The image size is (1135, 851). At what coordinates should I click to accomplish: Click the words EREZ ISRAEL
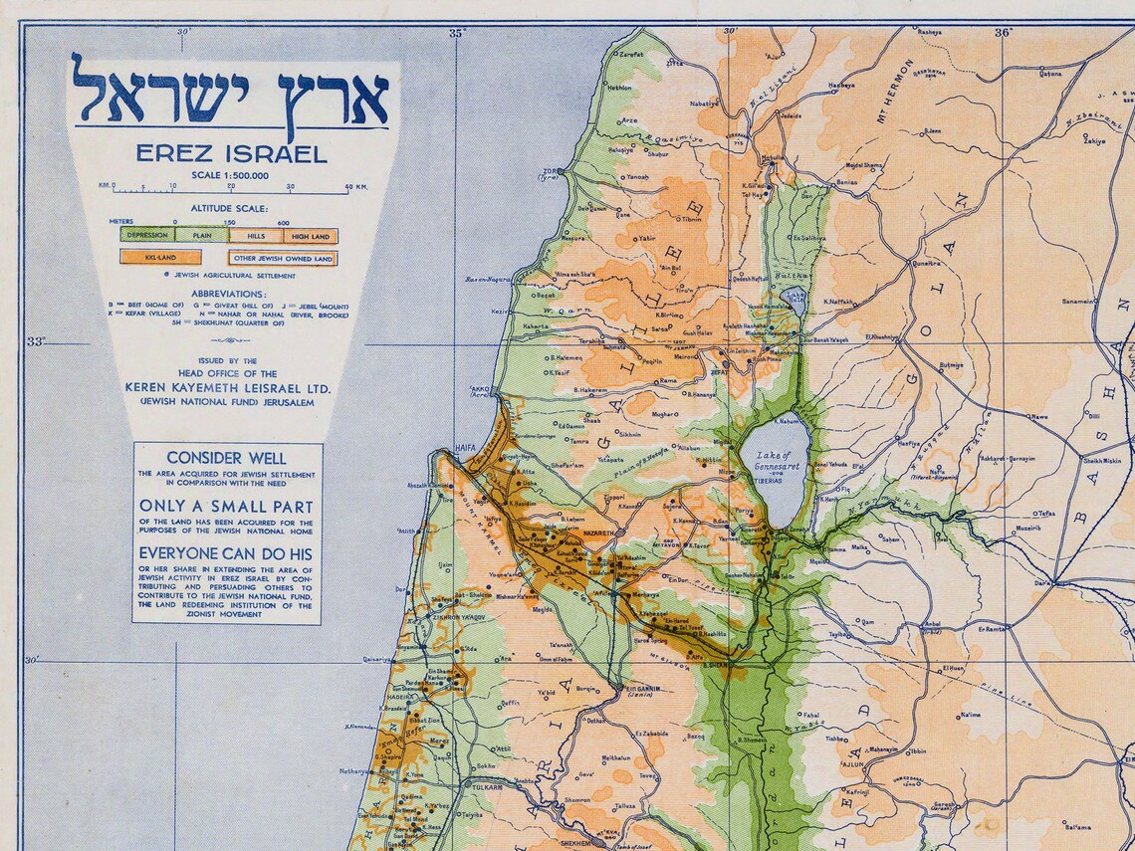[231, 154]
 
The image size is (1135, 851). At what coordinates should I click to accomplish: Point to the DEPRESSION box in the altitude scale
[147, 236]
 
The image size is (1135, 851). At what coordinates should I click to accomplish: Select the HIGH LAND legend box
[310, 236]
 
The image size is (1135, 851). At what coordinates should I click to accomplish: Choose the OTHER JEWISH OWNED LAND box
[283, 258]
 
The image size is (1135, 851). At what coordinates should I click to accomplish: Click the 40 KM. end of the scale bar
[354, 186]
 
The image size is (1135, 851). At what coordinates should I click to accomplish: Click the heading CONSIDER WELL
[227, 458]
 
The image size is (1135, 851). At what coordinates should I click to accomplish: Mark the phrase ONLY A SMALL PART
[226, 506]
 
